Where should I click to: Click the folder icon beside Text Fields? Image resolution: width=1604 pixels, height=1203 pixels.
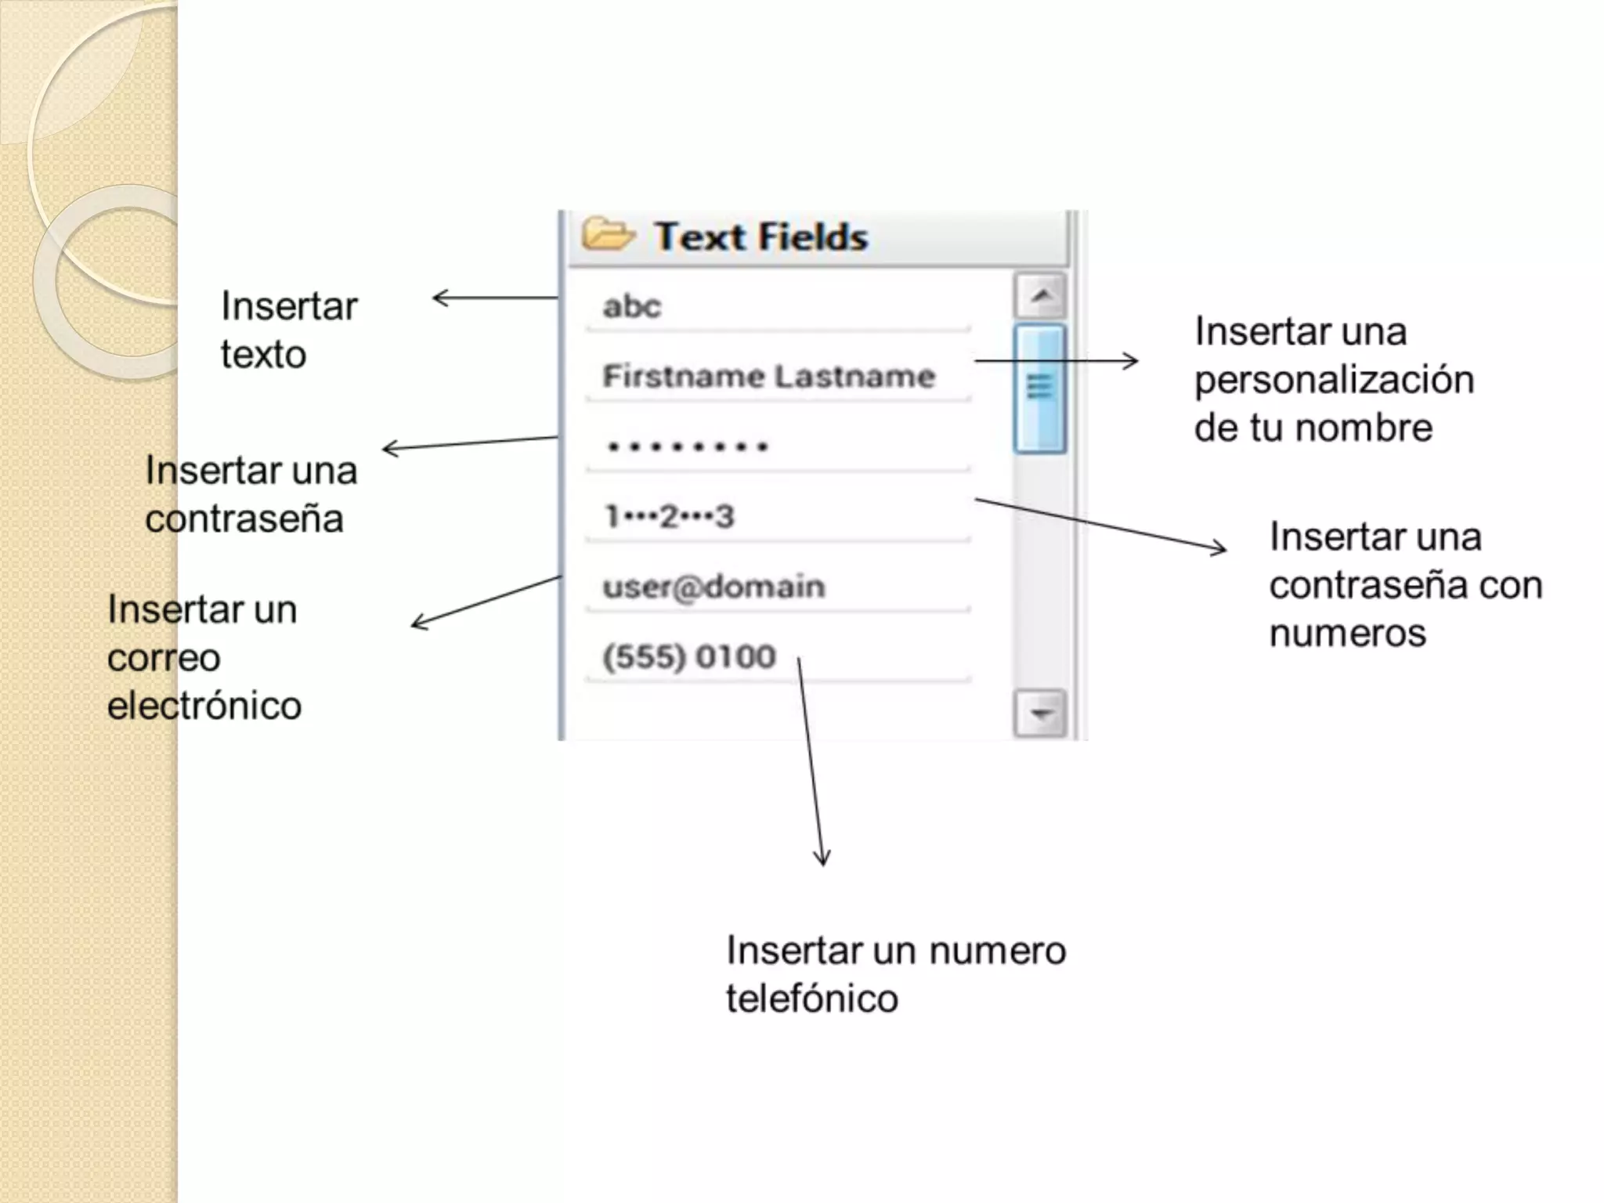tap(607, 234)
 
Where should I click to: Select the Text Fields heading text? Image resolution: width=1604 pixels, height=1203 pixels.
tap(761, 237)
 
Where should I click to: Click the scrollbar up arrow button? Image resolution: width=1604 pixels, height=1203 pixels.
tap(1040, 296)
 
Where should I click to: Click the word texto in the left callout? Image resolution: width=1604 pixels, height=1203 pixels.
tap(263, 355)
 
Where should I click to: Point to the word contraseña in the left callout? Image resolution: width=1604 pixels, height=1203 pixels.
tap(244, 518)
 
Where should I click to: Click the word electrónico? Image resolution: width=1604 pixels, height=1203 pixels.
tap(204, 706)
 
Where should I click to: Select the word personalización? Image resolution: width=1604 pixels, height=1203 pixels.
tap(1334, 380)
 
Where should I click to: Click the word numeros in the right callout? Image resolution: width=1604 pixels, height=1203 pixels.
tap(1347, 633)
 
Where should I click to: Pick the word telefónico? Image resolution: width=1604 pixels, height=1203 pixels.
tap(811, 999)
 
